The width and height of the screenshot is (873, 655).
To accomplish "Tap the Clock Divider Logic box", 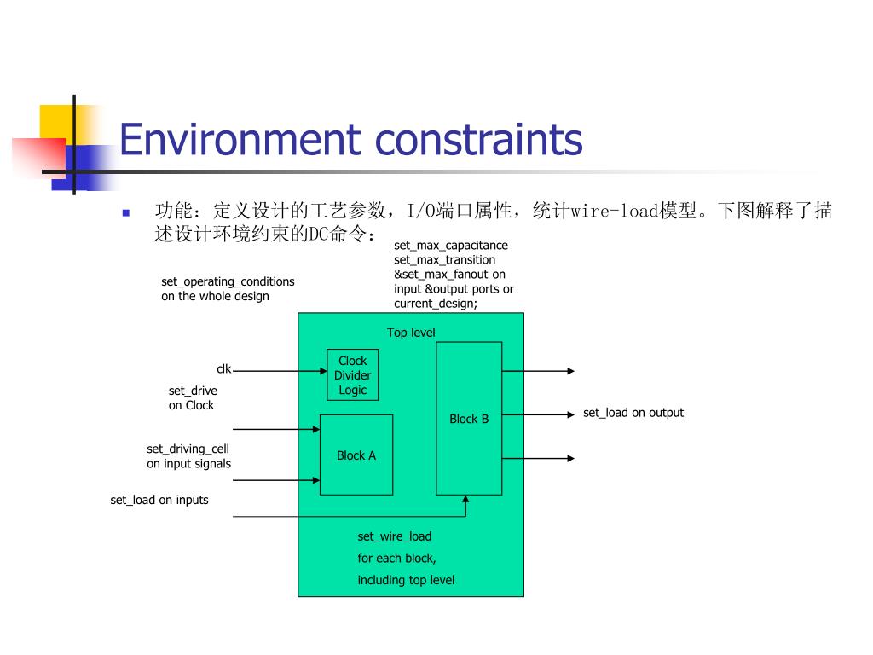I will click(x=352, y=375).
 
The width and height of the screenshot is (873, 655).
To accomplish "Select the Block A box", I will click(x=356, y=455).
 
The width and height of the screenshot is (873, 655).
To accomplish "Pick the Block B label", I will click(x=469, y=419).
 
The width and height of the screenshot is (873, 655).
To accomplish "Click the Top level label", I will click(x=411, y=333).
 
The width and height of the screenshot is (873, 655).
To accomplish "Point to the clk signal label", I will click(x=223, y=369).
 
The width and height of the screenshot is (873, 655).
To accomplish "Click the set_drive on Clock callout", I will click(x=192, y=398).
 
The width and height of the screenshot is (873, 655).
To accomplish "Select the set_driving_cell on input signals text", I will click(x=188, y=456).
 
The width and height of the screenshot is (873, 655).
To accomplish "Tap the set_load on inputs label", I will click(x=159, y=500).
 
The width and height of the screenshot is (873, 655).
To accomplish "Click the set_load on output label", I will click(x=633, y=413).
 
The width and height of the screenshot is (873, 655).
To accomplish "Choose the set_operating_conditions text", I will click(x=228, y=281).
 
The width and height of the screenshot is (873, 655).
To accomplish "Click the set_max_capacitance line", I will click(x=451, y=246).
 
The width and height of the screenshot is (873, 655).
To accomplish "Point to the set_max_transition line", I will click(x=444, y=259).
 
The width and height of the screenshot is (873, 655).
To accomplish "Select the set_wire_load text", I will click(x=395, y=536).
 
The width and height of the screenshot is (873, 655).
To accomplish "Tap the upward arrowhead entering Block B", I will click(x=465, y=500).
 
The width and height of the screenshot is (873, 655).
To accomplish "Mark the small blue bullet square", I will click(x=125, y=212).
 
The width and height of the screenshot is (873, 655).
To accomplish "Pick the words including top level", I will click(x=406, y=581).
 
